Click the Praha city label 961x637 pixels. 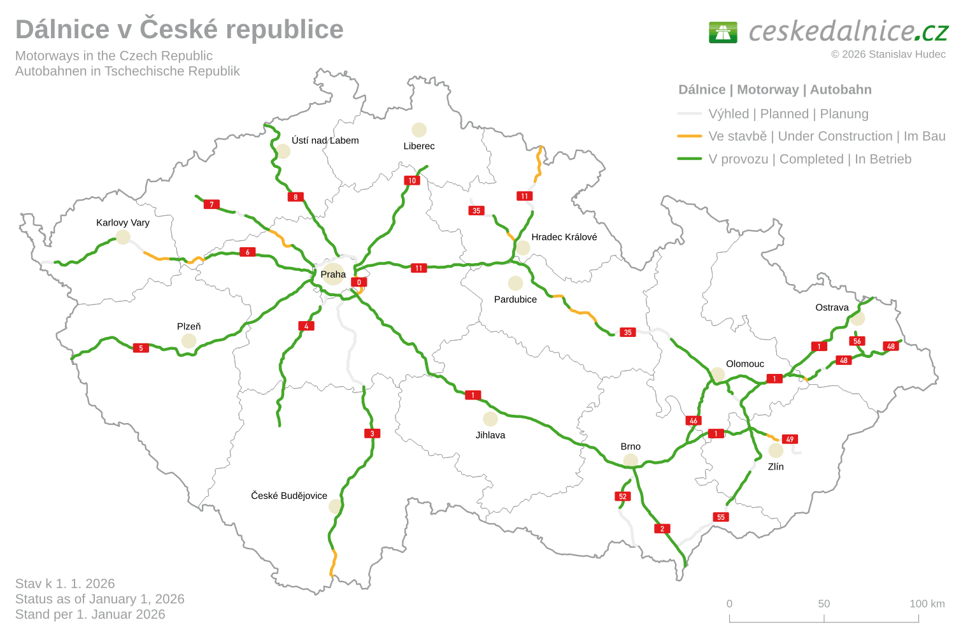point(333,275)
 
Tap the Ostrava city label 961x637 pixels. point(832,308)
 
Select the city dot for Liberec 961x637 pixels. point(418,130)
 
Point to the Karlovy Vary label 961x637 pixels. point(123,223)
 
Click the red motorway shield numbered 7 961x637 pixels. point(211,204)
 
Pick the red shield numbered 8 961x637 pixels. point(295,197)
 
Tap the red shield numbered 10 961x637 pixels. point(412,180)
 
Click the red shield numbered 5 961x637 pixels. point(141,348)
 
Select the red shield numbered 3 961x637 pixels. point(373,434)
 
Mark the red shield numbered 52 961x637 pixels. point(623,496)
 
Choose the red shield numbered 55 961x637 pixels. point(720,517)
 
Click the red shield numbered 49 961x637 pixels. point(790,440)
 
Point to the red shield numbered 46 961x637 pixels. point(694,420)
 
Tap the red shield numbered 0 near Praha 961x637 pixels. point(359,282)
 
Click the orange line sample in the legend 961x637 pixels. point(689,136)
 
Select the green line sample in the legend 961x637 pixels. point(689,159)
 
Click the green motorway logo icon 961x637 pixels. point(723,32)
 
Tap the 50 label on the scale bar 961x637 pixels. point(823,604)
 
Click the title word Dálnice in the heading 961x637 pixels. point(62,30)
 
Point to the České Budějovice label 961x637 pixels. point(289,496)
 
